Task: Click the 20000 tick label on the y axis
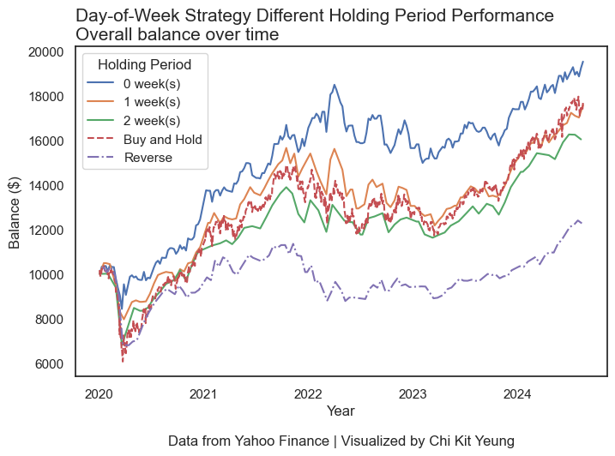point(45,51)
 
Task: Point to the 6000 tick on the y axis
point(49,364)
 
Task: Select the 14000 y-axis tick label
point(45,185)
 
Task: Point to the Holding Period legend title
point(144,64)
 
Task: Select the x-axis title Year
point(341,411)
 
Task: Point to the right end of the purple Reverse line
point(582,223)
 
